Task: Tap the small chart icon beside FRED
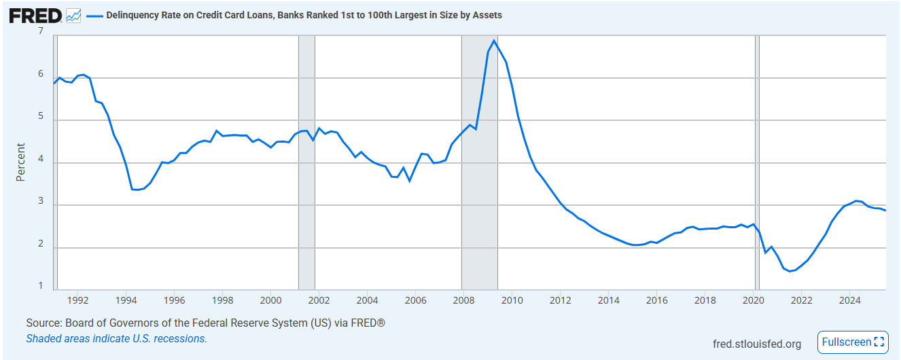coord(73,15)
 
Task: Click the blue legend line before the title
coord(94,15)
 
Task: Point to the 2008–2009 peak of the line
coord(494,41)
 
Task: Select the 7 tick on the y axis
coord(41,32)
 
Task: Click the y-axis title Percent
coord(20,162)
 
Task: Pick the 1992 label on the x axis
coord(78,300)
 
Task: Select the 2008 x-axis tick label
coord(463,300)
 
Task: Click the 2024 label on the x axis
coord(849,300)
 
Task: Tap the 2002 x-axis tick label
coord(319,300)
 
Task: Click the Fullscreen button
coord(853,342)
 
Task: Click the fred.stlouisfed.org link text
coord(757,344)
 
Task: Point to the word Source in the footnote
coord(43,323)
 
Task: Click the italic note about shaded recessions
coord(116,338)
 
